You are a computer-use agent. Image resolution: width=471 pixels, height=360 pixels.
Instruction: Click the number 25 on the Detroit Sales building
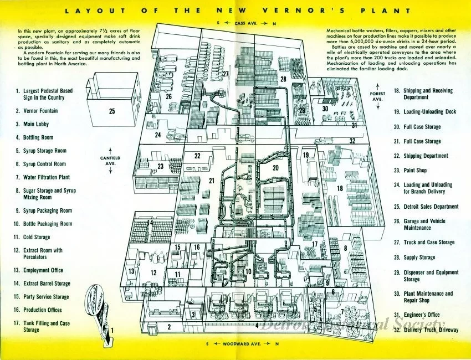tap(112, 111)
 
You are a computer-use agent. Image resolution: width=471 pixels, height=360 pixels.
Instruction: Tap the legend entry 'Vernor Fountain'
tap(40, 111)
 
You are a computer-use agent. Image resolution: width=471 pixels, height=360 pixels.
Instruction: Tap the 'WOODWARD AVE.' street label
tap(235, 344)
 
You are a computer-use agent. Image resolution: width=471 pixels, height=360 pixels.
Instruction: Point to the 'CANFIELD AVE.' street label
tap(110, 161)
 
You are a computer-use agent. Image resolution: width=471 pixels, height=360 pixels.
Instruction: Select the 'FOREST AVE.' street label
tap(377, 97)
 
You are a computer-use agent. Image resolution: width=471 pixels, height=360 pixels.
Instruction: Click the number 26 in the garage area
tap(169, 96)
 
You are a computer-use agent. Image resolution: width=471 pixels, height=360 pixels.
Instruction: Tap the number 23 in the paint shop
tap(161, 166)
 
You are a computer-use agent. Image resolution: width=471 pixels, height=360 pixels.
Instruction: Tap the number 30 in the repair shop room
tap(325, 109)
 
